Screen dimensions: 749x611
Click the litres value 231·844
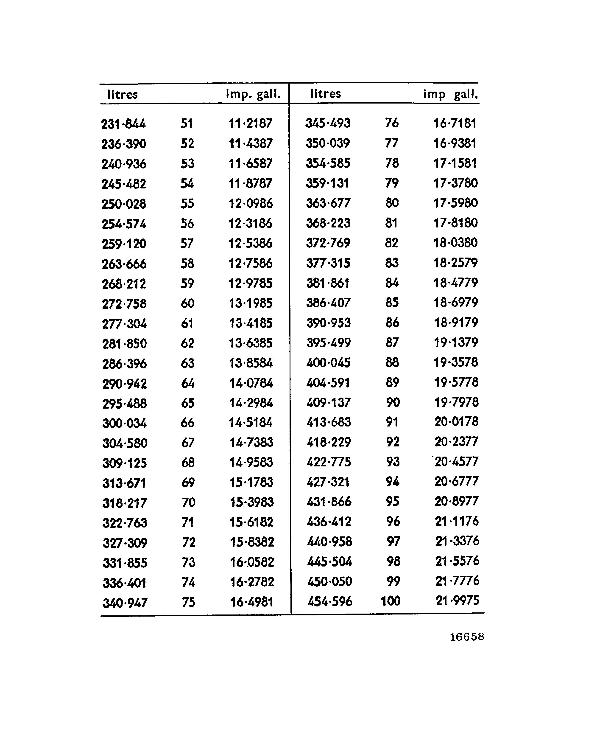123,124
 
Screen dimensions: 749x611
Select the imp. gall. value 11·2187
250,123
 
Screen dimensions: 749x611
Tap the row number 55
187,204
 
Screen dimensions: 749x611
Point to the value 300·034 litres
124,423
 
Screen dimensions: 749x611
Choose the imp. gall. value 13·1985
251,303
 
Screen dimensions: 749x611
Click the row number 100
391,601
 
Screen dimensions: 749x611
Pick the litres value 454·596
330,601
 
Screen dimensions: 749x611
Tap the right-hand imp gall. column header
451,94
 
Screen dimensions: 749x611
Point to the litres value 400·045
328,362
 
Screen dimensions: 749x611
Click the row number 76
392,123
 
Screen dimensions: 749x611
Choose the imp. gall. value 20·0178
457,421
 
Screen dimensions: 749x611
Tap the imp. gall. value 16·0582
252,562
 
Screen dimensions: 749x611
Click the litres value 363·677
328,203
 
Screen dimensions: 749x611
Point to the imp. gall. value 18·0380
455,243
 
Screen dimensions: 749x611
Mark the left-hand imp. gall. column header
253,94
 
